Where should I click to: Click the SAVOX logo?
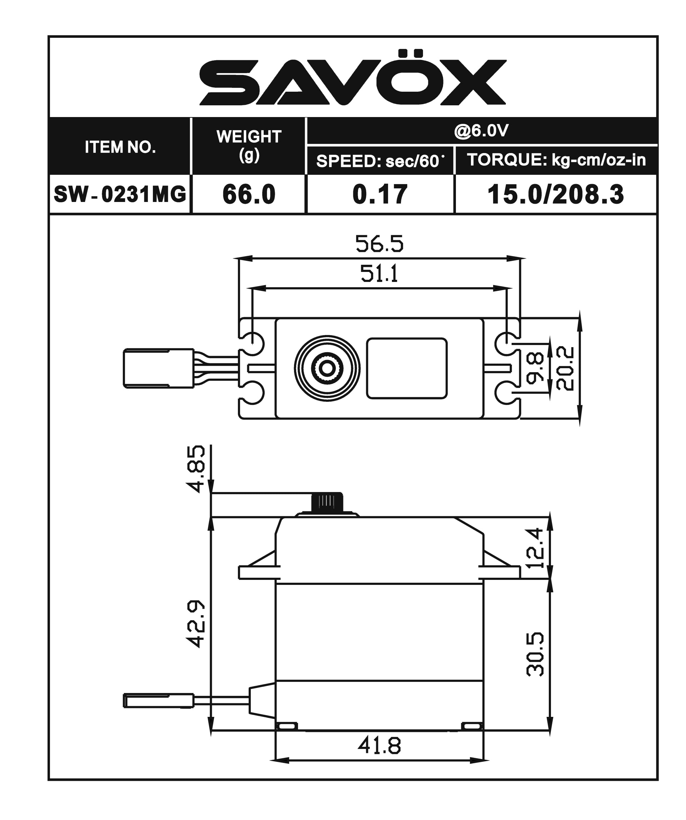pyautogui.click(x=353, y=79)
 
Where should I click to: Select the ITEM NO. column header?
pyautogui.click(x=120, y=147)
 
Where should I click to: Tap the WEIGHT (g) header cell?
pyautogui.click(x=249, y=146)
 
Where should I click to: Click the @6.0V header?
pyautogui.click(x=481, y=131)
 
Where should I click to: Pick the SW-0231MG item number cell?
pyautogui.click(x=120, y=194)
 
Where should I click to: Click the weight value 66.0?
pyautogui.click(x=249, y=194)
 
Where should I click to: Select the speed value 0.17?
pyautogui.click(x=380, y=194)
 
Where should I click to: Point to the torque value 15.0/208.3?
pyautogui.click(x=556, y=194)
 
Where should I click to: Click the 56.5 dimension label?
pyautogui.click(x=379, y=244)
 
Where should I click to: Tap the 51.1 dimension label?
pyautogui.click(x=379, y=273)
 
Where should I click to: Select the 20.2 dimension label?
pyautogui.click(x=565, y=368)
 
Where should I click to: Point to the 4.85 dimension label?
pyautogui.click(x=195, y=469)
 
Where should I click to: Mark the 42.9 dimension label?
pyautogui.click(x=195, y=624)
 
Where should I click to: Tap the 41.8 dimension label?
pyautogui.click(x=379, y=746)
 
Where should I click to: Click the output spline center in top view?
pyautogui.click(x=327, y=368)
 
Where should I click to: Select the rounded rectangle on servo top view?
pyautogui.click(x=407, y=368)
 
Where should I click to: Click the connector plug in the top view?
pyautogui.click(x=158, y=368)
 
